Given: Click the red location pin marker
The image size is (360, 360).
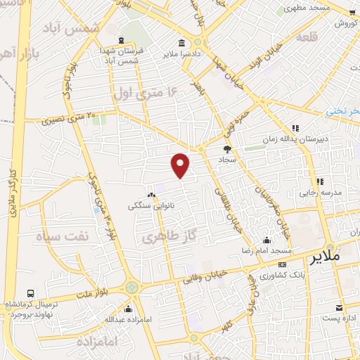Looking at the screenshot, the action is [x=181, y=164].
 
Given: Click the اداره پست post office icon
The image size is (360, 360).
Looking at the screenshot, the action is [x=340, y=308].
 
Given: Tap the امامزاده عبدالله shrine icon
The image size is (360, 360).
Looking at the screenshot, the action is [x=127, y=309].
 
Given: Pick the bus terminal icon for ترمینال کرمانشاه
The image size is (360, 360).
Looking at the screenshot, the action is [x=30, y=293].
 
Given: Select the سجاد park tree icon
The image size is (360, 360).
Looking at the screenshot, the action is [x=227, y=148].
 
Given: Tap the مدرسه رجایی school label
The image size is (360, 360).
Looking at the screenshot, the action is [x=320, y=192].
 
